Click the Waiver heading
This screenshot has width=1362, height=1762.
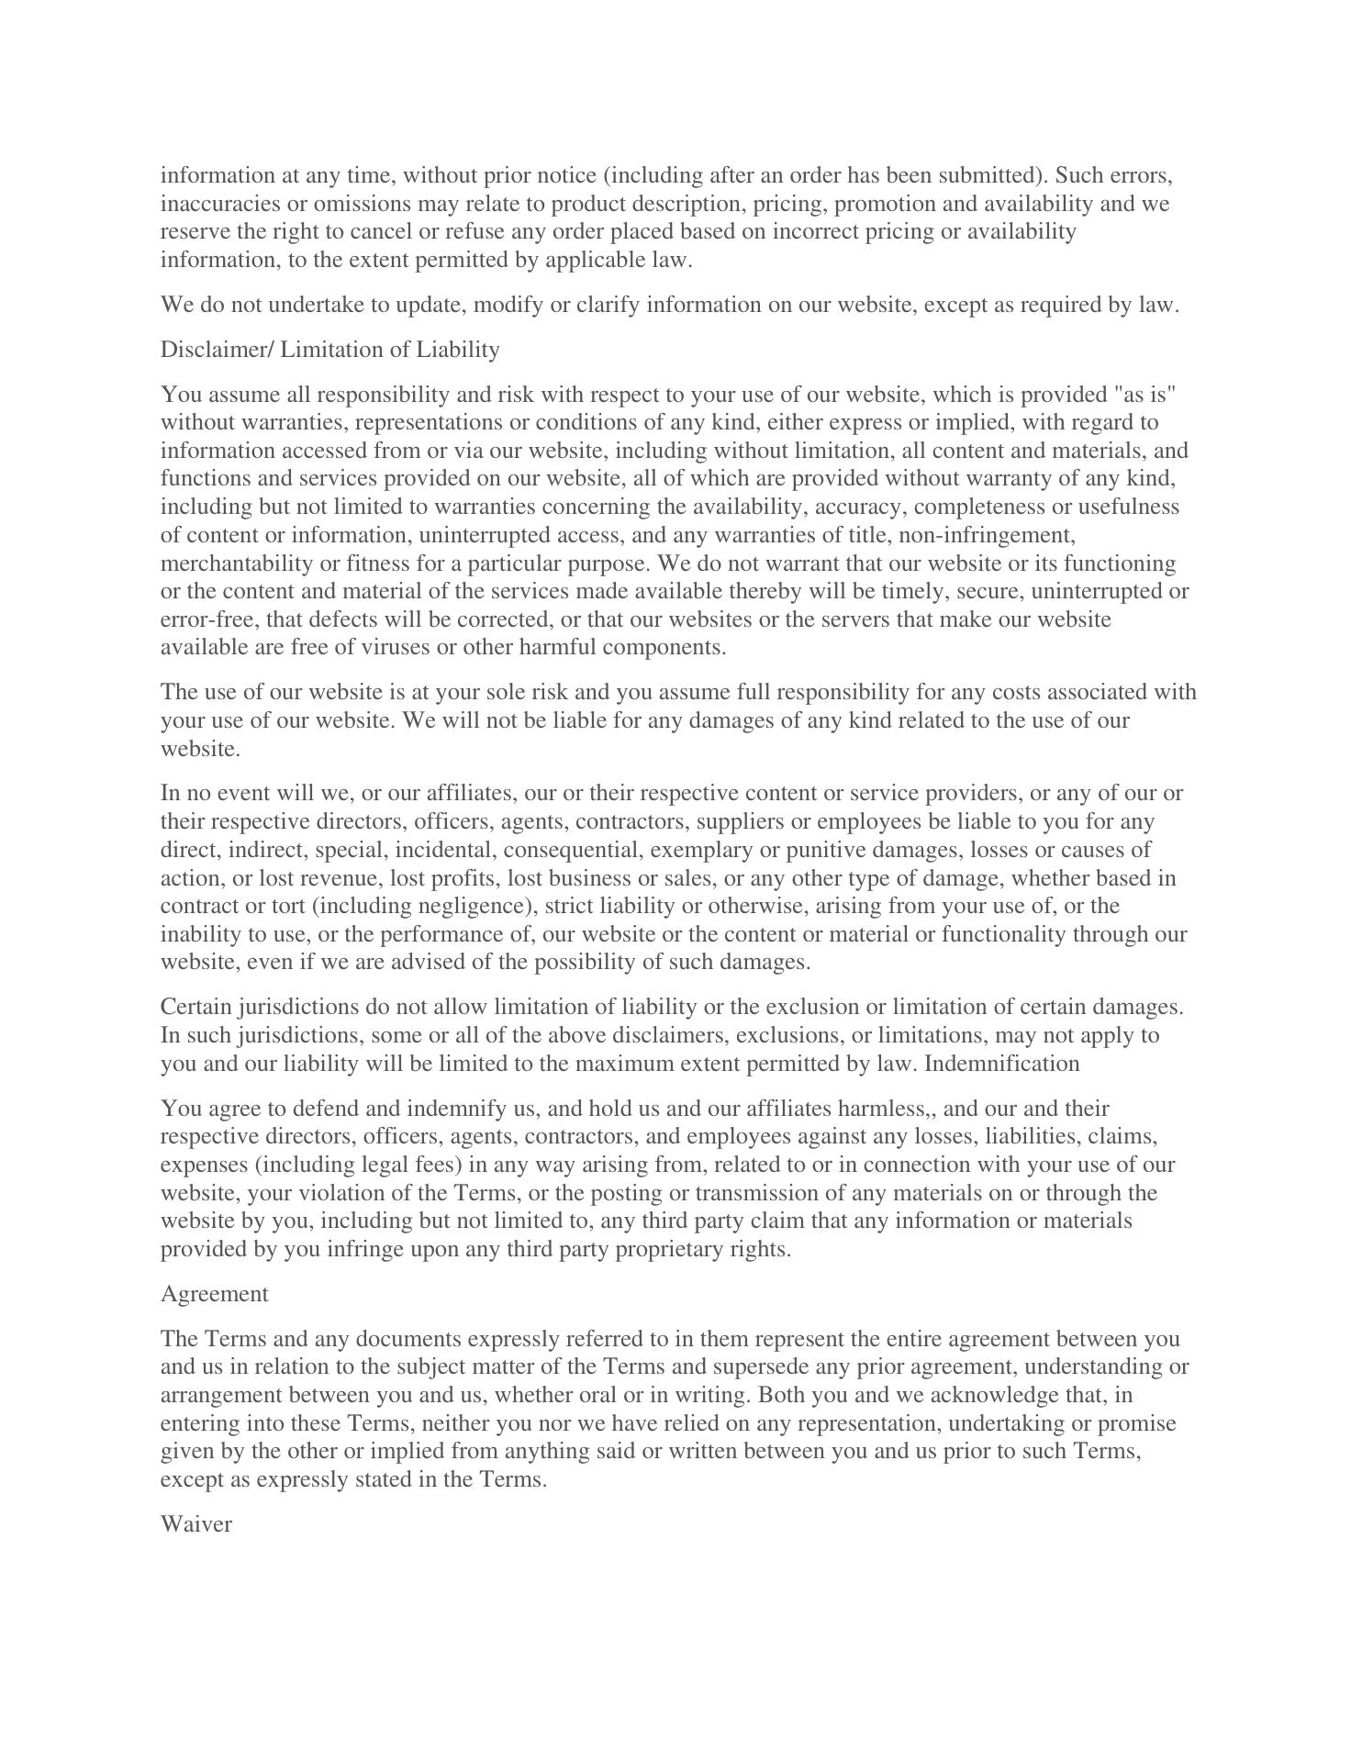click(x=196, y=1524)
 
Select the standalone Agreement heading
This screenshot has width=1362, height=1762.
click(x=215, y=1294)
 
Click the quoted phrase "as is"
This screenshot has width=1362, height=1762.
click(x=1144, y=395)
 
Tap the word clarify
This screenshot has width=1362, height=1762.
click(x=607, y=305)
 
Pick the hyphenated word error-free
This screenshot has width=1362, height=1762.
click(x=209, y=619)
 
